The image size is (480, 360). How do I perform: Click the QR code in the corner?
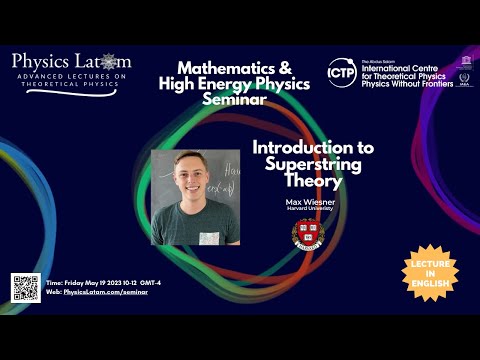click(x=24, y=287)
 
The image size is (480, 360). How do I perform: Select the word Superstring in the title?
click(x=313, y=164)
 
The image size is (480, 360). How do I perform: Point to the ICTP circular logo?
click(x=341, y=72)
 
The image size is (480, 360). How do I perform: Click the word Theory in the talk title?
click(x=313, y=182)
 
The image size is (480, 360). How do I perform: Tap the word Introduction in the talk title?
click(x=313, y=147)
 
